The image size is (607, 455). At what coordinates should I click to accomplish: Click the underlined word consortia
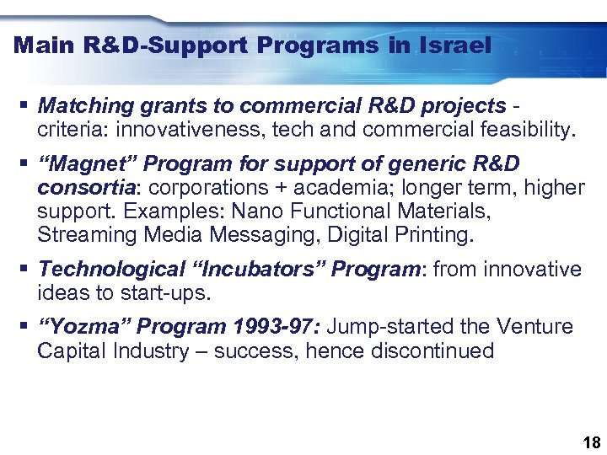(x=84, y=187)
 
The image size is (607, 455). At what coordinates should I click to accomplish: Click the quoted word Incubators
(x=272, y=270)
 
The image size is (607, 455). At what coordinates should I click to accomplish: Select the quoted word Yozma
(x=83, y=327)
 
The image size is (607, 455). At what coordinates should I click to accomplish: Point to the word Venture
(x=535, y=327)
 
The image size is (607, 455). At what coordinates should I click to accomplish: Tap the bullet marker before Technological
(x=22, y=270)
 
